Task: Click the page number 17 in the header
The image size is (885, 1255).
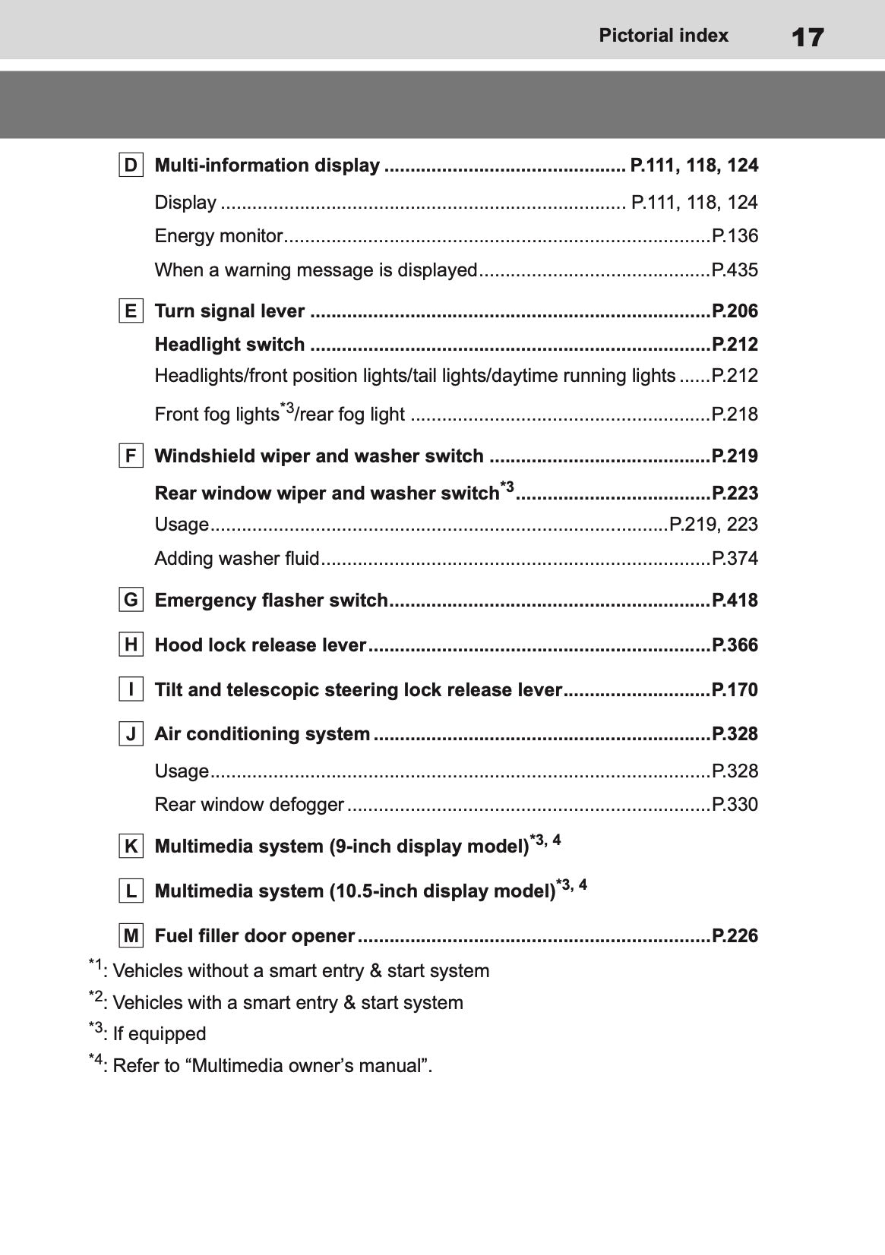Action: [807, 36]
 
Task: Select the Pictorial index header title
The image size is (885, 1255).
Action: [663, 36]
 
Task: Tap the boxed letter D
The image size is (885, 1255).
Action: [131, 166]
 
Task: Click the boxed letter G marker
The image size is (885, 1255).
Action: [131, 601]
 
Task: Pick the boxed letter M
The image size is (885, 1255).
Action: [131, 936]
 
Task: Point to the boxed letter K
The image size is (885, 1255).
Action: [131, 847]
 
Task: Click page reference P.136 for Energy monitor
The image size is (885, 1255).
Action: [735, 236]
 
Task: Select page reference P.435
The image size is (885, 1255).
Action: [735, 270]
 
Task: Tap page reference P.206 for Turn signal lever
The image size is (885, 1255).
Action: [735, 311]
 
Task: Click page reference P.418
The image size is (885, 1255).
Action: [735, 601]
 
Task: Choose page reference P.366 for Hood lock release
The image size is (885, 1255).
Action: [735, 645]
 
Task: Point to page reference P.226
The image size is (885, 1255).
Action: [735, 936]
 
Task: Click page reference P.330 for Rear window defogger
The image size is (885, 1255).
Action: [735, 805]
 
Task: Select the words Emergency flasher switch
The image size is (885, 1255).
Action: [271, 601]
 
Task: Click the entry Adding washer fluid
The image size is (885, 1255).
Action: [236, 559]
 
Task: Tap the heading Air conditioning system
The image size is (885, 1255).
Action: [262, 734]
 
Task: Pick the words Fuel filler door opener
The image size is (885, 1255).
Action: [254, 936]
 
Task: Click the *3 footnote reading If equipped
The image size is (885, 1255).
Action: [148, 1033]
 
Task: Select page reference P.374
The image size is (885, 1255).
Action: [735, 559]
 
